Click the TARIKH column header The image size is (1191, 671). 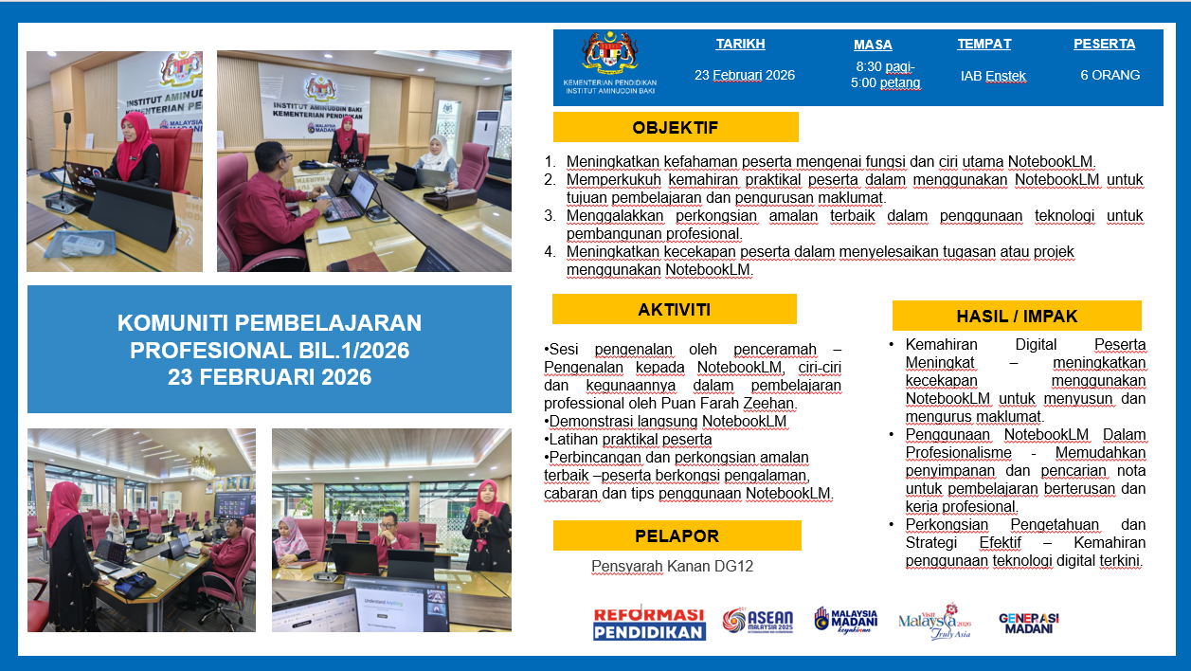(x=740, y=44)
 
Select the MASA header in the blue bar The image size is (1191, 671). (x=873, y=45)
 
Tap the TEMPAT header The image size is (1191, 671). (x=984, y=44)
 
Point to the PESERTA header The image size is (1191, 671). (x=1105, y=44)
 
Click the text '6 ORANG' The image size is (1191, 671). (x=1110, y=75)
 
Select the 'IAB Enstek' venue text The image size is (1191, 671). (x=993, y=76)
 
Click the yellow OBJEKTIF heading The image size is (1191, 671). (x=676, y=127)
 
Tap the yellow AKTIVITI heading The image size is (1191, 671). (x=675, y=309)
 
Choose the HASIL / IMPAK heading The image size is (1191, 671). (x=1017, y=316)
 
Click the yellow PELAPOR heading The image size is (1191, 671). (x=677, y=535)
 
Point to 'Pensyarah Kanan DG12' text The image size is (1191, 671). (x=672, y=566)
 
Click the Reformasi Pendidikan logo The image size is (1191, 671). (x=649, y=623)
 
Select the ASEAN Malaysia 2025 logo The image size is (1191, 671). (x=758, y=621)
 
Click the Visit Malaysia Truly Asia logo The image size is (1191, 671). (x=935, y=621)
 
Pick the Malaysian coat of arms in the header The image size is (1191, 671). (x=610, y=52)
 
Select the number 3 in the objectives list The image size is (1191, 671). (x=550, y=215)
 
